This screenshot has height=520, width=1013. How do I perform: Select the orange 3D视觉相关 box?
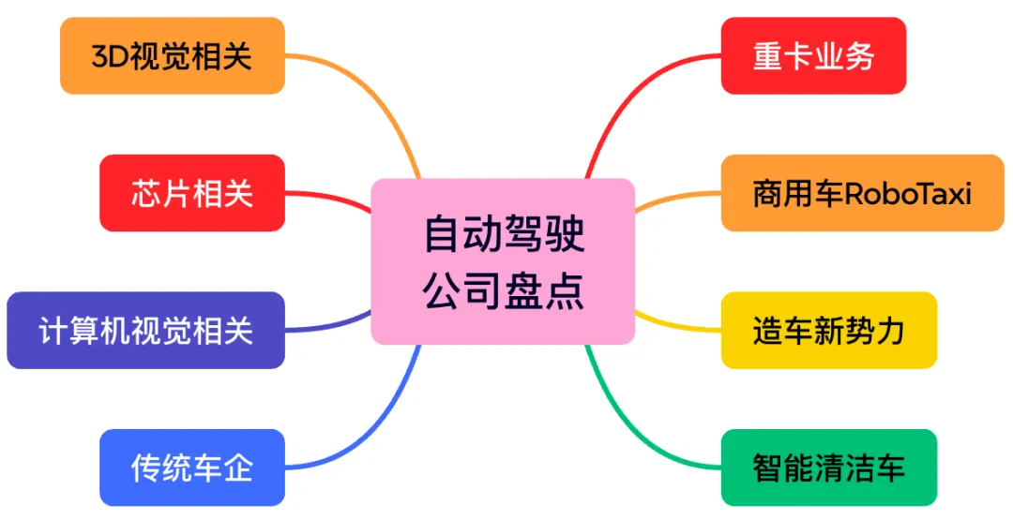click(172, 55)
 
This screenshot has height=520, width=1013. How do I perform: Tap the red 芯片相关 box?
click(191, 193)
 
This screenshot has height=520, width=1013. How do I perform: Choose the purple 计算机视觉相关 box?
click(145, 330)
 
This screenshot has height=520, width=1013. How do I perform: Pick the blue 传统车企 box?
click(191, 468)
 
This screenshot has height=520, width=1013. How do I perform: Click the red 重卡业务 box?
click(813, 55)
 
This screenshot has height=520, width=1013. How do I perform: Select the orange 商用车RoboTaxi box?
click(862, 193)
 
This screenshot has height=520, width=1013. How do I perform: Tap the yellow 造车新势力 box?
click(828, 330)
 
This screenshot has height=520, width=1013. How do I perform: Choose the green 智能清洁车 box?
click(828, 468)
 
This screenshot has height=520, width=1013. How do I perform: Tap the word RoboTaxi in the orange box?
click(908, 194)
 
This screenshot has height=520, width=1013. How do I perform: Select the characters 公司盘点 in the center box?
click(503, 290)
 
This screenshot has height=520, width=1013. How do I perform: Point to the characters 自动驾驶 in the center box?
click(503, 234)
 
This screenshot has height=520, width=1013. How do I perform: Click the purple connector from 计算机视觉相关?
click(328, 326)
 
